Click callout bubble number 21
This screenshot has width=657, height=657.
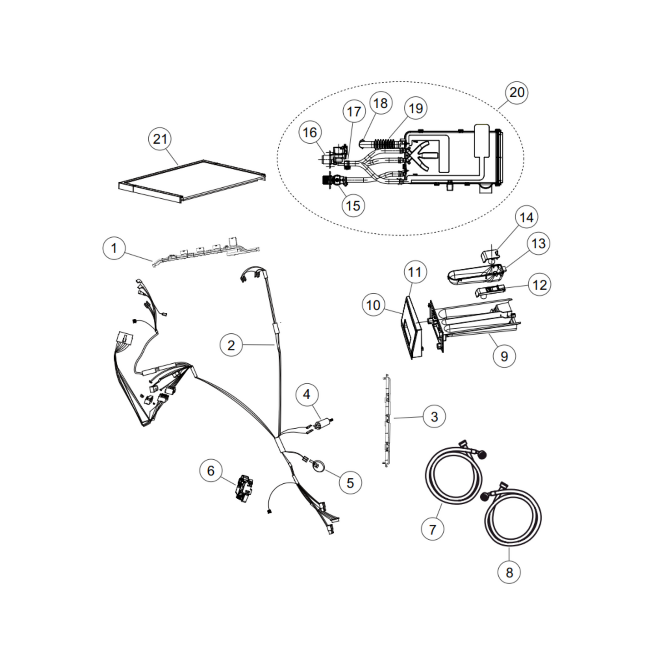pyautogui.click(x=160, y=139)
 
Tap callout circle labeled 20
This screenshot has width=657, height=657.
pyautogui.click(x=517, y=92)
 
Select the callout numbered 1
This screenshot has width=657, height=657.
pyautogui.click(x=114, y=248)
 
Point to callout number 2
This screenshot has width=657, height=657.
pyautogui.click(x=231, y=345)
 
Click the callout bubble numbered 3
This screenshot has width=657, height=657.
pyautogui.click(x=434, y=416)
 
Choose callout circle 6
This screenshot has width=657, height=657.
pyautogui.click(x=211, y=470)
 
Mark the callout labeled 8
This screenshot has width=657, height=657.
pyautogui.click(x=509, y=572)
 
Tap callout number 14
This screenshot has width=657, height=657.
pyautogui.click(x=527, y=217)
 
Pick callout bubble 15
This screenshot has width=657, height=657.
pyautogui.click(x=353, y=206)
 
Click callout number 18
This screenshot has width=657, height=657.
pyautogui.click(x=380, y=103)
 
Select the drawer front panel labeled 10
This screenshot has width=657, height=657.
pyautogui.click(x=411, y=327)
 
